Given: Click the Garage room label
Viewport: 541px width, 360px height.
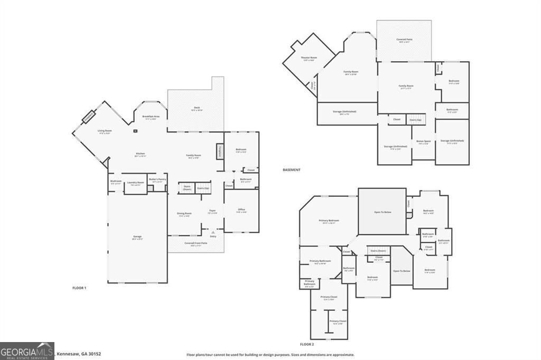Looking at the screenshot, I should pos(137,237).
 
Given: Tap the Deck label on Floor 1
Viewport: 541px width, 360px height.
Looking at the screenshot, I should pos(197,109).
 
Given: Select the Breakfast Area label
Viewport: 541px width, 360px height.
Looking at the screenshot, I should pos(151,117).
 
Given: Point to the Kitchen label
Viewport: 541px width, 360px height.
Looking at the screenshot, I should pos(139,155).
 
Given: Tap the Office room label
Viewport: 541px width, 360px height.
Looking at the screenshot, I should pos(241,211).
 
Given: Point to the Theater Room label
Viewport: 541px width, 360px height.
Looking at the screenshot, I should pos(309,59).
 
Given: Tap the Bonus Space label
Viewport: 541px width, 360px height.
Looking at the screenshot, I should pos(424,141).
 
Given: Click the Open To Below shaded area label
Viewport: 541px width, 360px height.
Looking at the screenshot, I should pos(382,212).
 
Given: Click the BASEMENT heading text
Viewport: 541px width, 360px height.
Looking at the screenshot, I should pos(292,170).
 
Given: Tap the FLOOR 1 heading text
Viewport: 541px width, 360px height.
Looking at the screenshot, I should pos(79,288).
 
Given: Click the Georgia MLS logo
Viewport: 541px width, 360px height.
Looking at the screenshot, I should pos(27,351).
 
